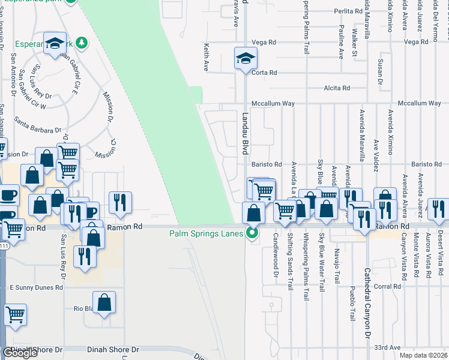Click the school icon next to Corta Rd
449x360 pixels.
point(245,59)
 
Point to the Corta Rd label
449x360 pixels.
point(264,73)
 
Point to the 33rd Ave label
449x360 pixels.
point(387,347)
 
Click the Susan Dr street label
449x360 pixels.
point(379,71)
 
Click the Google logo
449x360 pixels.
point(20,353)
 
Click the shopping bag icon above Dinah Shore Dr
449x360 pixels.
point(104,302)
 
